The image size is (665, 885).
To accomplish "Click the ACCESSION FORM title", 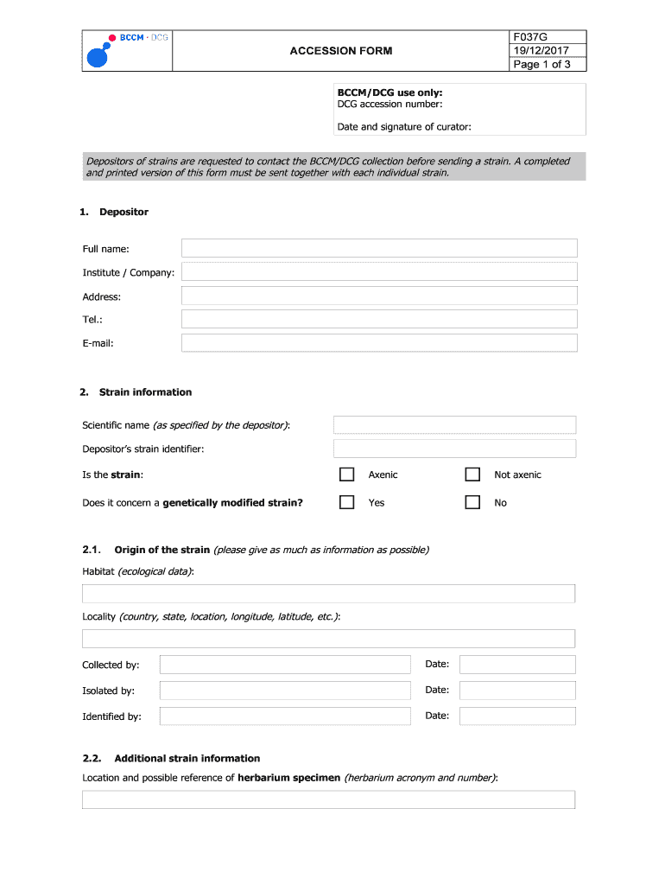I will click(x=340, y=51).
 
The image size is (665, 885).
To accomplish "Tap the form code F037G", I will click(x=530, y=37).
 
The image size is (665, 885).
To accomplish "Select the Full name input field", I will click(x=379, y=249).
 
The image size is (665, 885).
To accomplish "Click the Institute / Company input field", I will click(x=379, y=272).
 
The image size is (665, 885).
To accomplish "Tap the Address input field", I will click(x=379, y=296).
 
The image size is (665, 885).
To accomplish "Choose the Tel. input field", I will click(x=379, y=320).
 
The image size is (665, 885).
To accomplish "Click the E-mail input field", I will click(x=379, y=343).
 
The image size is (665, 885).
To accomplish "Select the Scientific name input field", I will click(x=454, y=425).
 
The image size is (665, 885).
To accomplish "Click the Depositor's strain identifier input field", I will click(x=454, y=449).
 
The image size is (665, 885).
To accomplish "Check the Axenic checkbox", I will click(x=346, y=474).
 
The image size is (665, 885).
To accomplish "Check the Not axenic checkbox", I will click(x=472, y=474).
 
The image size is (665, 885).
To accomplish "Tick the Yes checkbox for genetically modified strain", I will click(x=346, y=502).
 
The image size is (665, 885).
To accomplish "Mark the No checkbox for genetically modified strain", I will click(x=472, y=502).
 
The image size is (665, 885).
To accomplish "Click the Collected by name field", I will click(x=285, y=665).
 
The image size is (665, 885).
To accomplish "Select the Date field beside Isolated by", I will click(x=517, y=691).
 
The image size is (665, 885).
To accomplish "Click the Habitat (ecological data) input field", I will click(x=328, y=594).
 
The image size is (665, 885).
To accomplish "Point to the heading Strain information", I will click(x=145, y=392).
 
